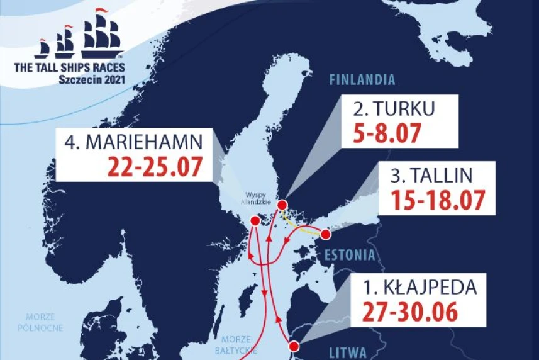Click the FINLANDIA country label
[x=362, y=80]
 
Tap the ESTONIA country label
[x=349, y=255]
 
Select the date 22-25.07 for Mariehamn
[x=155, y=167]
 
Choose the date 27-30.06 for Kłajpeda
[x=410, y=313]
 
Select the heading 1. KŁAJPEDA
[x=420, y=289]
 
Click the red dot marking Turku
[x=282, y=205]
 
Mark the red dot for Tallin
[x=326, y=235]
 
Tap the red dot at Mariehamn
[x=255, y=221]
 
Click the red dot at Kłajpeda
[x=293, y=345]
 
